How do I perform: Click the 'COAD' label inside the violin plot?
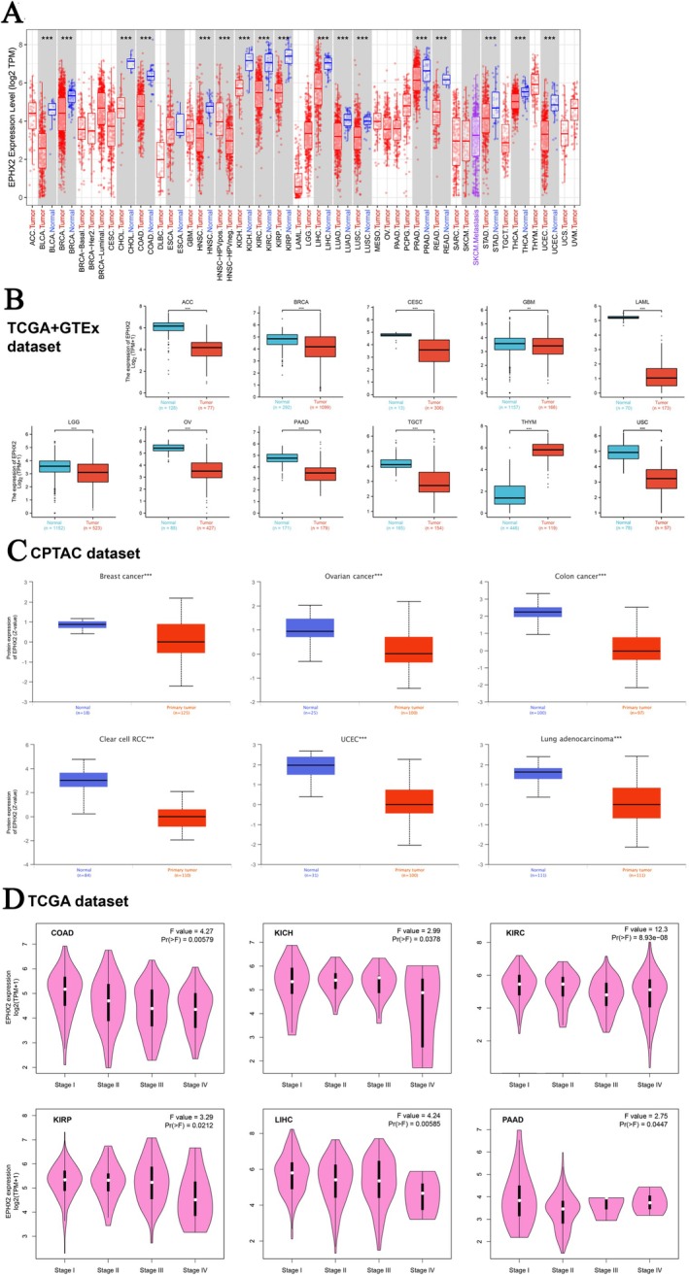click(x=65, y=935)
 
